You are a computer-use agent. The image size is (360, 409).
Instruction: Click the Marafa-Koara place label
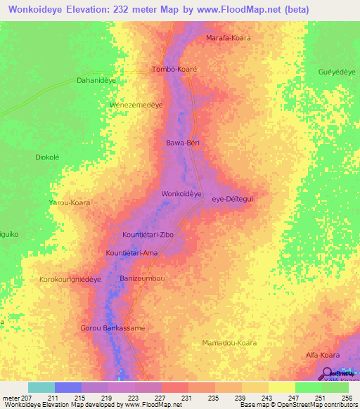click(x=228, y=37)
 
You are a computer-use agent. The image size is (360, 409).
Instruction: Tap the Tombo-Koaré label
click(x=174, y=70)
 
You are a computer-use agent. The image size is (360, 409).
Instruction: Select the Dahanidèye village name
click(x=96, y=81)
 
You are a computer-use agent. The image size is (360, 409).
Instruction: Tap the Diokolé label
click(x=50, y=157)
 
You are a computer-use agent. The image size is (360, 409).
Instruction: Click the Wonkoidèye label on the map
click(x=181, y=193)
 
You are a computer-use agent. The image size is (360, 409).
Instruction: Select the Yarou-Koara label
click(x=69, y=202)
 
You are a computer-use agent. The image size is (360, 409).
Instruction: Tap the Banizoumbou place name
click(x=142, y=279)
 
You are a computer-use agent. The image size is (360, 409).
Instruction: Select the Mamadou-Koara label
click(x=229, y=343)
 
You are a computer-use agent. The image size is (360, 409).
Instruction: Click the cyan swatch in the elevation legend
click(x=41, y=387)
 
